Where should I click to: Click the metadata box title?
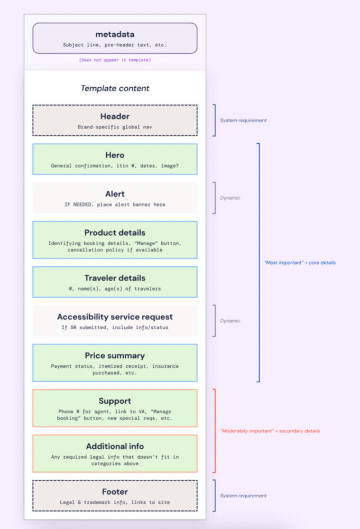[115, 34]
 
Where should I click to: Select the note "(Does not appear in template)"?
[115, 60]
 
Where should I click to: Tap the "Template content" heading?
[115, 88]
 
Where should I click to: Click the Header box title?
[115, 116]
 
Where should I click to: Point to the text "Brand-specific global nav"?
[115, 127]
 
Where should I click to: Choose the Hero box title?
[115, 155]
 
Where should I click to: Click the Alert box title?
[115, 193]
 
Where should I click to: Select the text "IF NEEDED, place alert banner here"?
[115, 204]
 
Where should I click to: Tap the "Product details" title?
[115, 233]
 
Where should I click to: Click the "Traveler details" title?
[115, 278]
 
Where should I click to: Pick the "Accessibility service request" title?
[115, 317]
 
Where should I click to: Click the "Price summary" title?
[115, 356]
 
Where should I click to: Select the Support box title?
[115, 401]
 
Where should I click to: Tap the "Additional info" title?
[115, 447]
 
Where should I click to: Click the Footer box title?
[115, 491]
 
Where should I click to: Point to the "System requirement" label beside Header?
[243, 120]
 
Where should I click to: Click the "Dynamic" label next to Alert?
[230, 198]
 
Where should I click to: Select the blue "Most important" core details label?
[299, 263]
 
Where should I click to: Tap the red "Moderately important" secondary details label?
[270, 431]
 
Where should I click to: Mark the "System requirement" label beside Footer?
[243, 496]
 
